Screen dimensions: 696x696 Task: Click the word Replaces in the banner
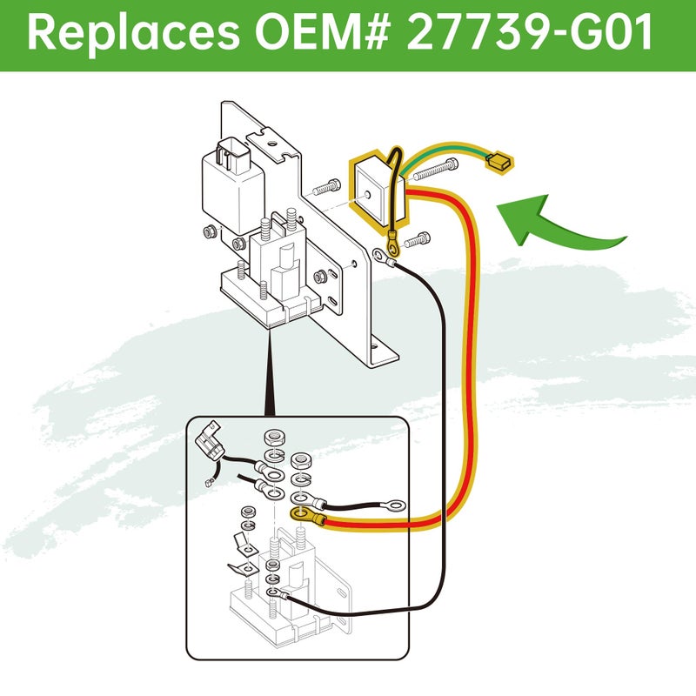[x=133, y=33]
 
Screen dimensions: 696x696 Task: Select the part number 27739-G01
[x=530, y=32]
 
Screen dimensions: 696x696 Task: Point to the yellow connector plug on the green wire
[x=499, y=162]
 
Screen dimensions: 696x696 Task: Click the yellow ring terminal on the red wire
[x=307, y=516]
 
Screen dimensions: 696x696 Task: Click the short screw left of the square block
[x=327, y=187]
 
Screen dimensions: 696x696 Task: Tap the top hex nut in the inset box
[x=274, y=438]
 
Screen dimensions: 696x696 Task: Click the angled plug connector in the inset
[x=209, y=441]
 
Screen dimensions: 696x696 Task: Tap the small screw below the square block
[x=418, y=240]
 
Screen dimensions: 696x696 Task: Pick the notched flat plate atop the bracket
[x=271, y=144]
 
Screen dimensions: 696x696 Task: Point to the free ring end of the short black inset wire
[x=395, y=505]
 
